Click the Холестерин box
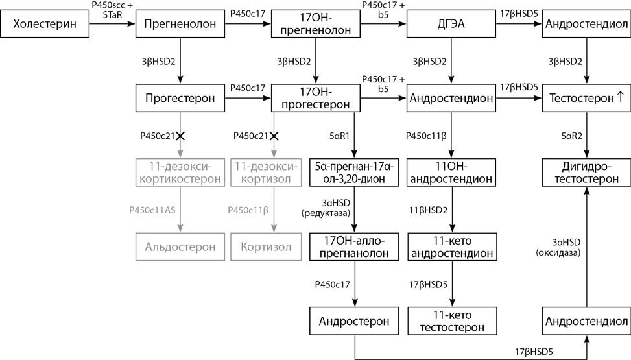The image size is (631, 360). coord(45,24)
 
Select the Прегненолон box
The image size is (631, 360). coord(180,24)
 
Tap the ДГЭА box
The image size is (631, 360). coord(451,24)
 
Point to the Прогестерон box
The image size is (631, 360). coord(180,98)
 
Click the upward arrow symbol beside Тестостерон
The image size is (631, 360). coord(620,97)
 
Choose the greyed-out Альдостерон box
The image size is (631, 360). coord(180,247)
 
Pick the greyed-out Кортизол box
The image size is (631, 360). coord(266,247)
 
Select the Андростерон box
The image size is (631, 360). coord(354,321)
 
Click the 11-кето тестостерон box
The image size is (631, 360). coord(452,321)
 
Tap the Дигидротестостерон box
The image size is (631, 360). coord(586,173)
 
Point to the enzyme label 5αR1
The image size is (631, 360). coord(339,136)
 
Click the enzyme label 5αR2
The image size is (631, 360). coord(571,136)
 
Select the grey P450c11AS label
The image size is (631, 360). coord(152,210)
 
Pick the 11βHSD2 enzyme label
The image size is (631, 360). coord(428,210)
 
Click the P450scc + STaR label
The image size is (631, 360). coord(112,10)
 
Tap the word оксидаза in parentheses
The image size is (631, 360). coord(558,253)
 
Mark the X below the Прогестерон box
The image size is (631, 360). coord(180,136)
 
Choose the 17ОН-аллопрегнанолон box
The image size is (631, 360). coord(354,247)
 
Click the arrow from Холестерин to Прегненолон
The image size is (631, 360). coord(112,24)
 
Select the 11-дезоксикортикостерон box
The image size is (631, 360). coord(180,173)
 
